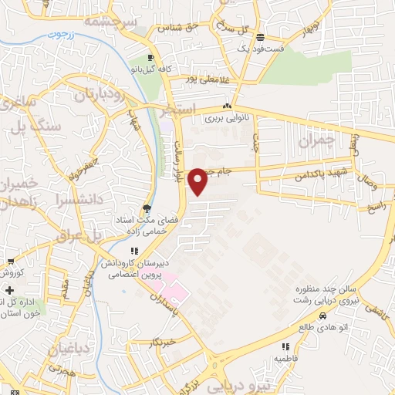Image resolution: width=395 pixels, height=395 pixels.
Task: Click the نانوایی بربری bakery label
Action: click(225, 120)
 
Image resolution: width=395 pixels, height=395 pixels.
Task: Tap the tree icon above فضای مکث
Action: click(147, 208)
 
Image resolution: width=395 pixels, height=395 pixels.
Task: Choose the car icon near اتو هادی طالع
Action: click(322, 316)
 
